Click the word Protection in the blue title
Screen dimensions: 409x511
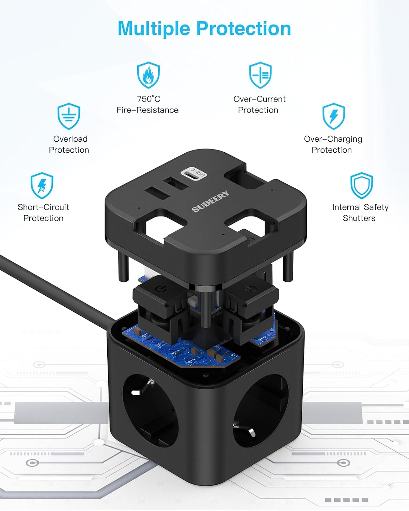click(243, 29)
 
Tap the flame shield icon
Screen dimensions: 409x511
click(148, 75)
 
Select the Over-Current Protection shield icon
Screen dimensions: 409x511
click(260, 75)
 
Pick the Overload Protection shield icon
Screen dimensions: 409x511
click(69, 116)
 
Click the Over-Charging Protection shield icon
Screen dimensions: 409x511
click(333, 116)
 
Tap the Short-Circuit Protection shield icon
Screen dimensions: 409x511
click(42, 186)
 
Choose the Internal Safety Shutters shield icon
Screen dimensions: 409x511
click(362, 186)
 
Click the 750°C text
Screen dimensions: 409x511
click(148, 99)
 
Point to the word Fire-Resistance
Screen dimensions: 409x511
click(147, 110)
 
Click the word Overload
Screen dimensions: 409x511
click(70, 139)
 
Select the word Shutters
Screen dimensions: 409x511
click(359, 218)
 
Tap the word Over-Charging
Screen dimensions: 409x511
click(333, 139)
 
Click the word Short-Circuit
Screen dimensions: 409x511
click(44, 207)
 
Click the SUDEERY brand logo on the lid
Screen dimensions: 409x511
click(210, 201)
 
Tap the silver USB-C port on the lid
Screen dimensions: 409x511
click(194, 174)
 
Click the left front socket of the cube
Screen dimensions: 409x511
click(150, 411)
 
